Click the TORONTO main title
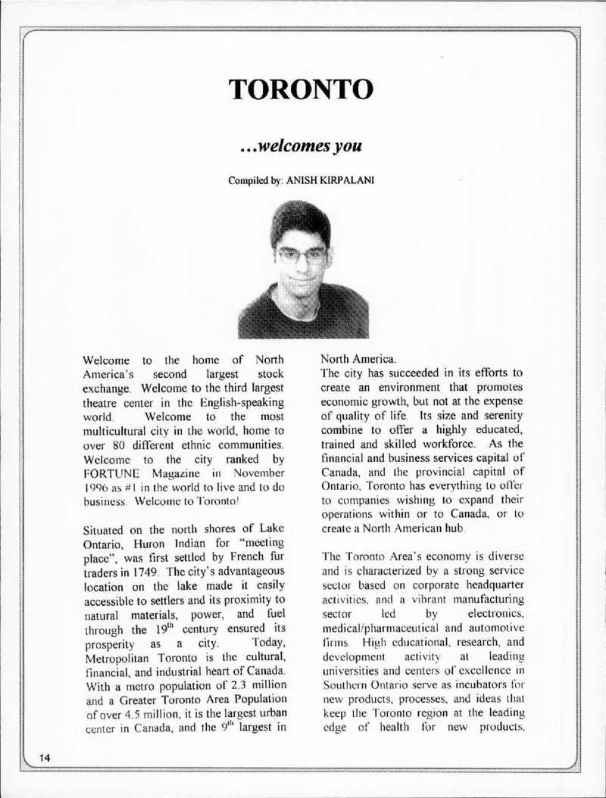pos(303,89)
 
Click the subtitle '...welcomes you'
pos(303,145)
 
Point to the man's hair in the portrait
pos(301,220)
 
